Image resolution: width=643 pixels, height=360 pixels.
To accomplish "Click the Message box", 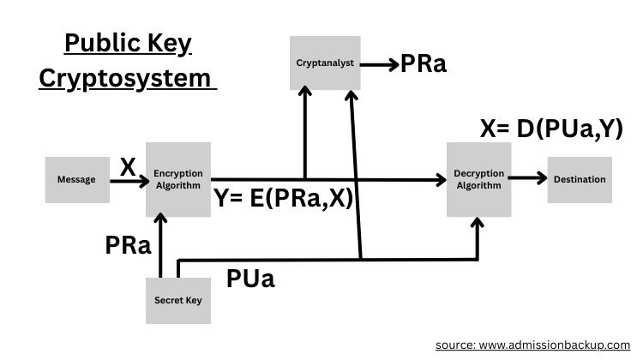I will coord(75,180).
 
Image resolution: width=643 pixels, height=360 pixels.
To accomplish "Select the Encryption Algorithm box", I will coord(178,180).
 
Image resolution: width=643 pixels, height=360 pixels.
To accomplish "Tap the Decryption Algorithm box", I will coord(479,180).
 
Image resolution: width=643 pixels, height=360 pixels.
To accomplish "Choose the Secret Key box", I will coord(178,300).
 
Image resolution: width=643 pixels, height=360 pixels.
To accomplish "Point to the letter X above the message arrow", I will coord(128,166).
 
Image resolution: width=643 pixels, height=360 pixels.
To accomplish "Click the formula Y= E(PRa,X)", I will coord(285,200).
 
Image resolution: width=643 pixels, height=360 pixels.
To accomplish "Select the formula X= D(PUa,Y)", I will coord(551,129).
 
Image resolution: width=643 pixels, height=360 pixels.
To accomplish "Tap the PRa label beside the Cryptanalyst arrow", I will coord(424,64).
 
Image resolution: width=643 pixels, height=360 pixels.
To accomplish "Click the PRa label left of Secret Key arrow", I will coord(129,245).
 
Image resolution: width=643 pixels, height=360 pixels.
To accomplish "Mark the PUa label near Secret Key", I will coord(250,279).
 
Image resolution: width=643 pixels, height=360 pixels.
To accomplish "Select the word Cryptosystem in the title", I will coord(124,79).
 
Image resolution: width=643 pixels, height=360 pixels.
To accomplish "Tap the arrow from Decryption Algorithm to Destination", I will coord(530,180).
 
